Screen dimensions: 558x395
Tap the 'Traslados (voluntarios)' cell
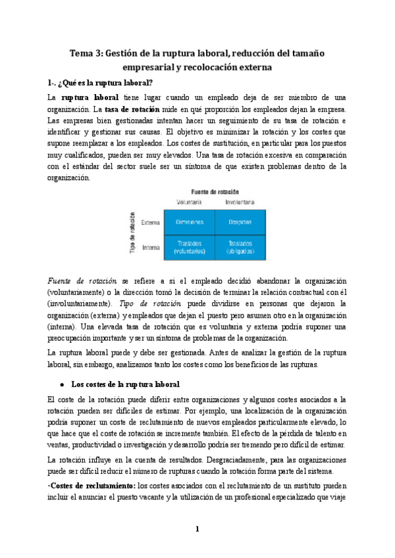pyautogui.click(x=189, y=247)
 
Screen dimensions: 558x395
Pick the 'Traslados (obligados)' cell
pyautogui.click(x=240, y=247)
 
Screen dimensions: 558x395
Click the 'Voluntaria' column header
pyautogui.click(x=188, y=201)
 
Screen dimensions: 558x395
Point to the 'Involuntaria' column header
pyautogui.click(x=240, y=201)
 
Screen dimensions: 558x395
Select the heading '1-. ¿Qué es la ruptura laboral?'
pyautogui.click(x=100, y=82)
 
